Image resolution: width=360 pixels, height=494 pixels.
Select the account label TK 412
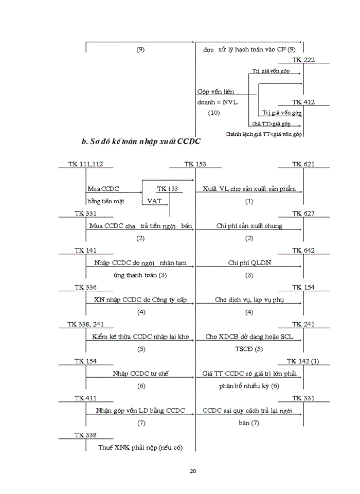(x=303, y=102)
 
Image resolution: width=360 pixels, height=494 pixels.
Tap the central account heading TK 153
(x=195, y=164)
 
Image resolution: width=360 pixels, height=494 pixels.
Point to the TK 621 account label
(x=303, y=164)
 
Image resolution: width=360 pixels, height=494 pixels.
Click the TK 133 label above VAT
(x=167, y=189)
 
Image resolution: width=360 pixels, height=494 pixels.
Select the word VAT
(x=154, y=201)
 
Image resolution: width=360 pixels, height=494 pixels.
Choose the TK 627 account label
(x=303, y=214)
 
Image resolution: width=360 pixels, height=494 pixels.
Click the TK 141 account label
(x=85, y=251)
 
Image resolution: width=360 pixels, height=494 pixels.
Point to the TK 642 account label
(x=303, y=251)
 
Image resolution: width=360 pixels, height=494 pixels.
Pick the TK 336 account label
(x=85, y=288)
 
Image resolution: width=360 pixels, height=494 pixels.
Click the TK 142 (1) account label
(x=302, y=362)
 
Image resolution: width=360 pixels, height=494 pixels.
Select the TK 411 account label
(x=85, y=399)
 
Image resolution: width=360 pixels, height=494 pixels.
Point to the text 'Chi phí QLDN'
(x=249, y=263)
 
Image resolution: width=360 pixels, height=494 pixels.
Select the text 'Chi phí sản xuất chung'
(x=249, y=226)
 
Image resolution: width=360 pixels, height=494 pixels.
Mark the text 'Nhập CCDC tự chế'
(x=140, y=374)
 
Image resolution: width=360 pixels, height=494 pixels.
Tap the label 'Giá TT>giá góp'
(x=271, y=123)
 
